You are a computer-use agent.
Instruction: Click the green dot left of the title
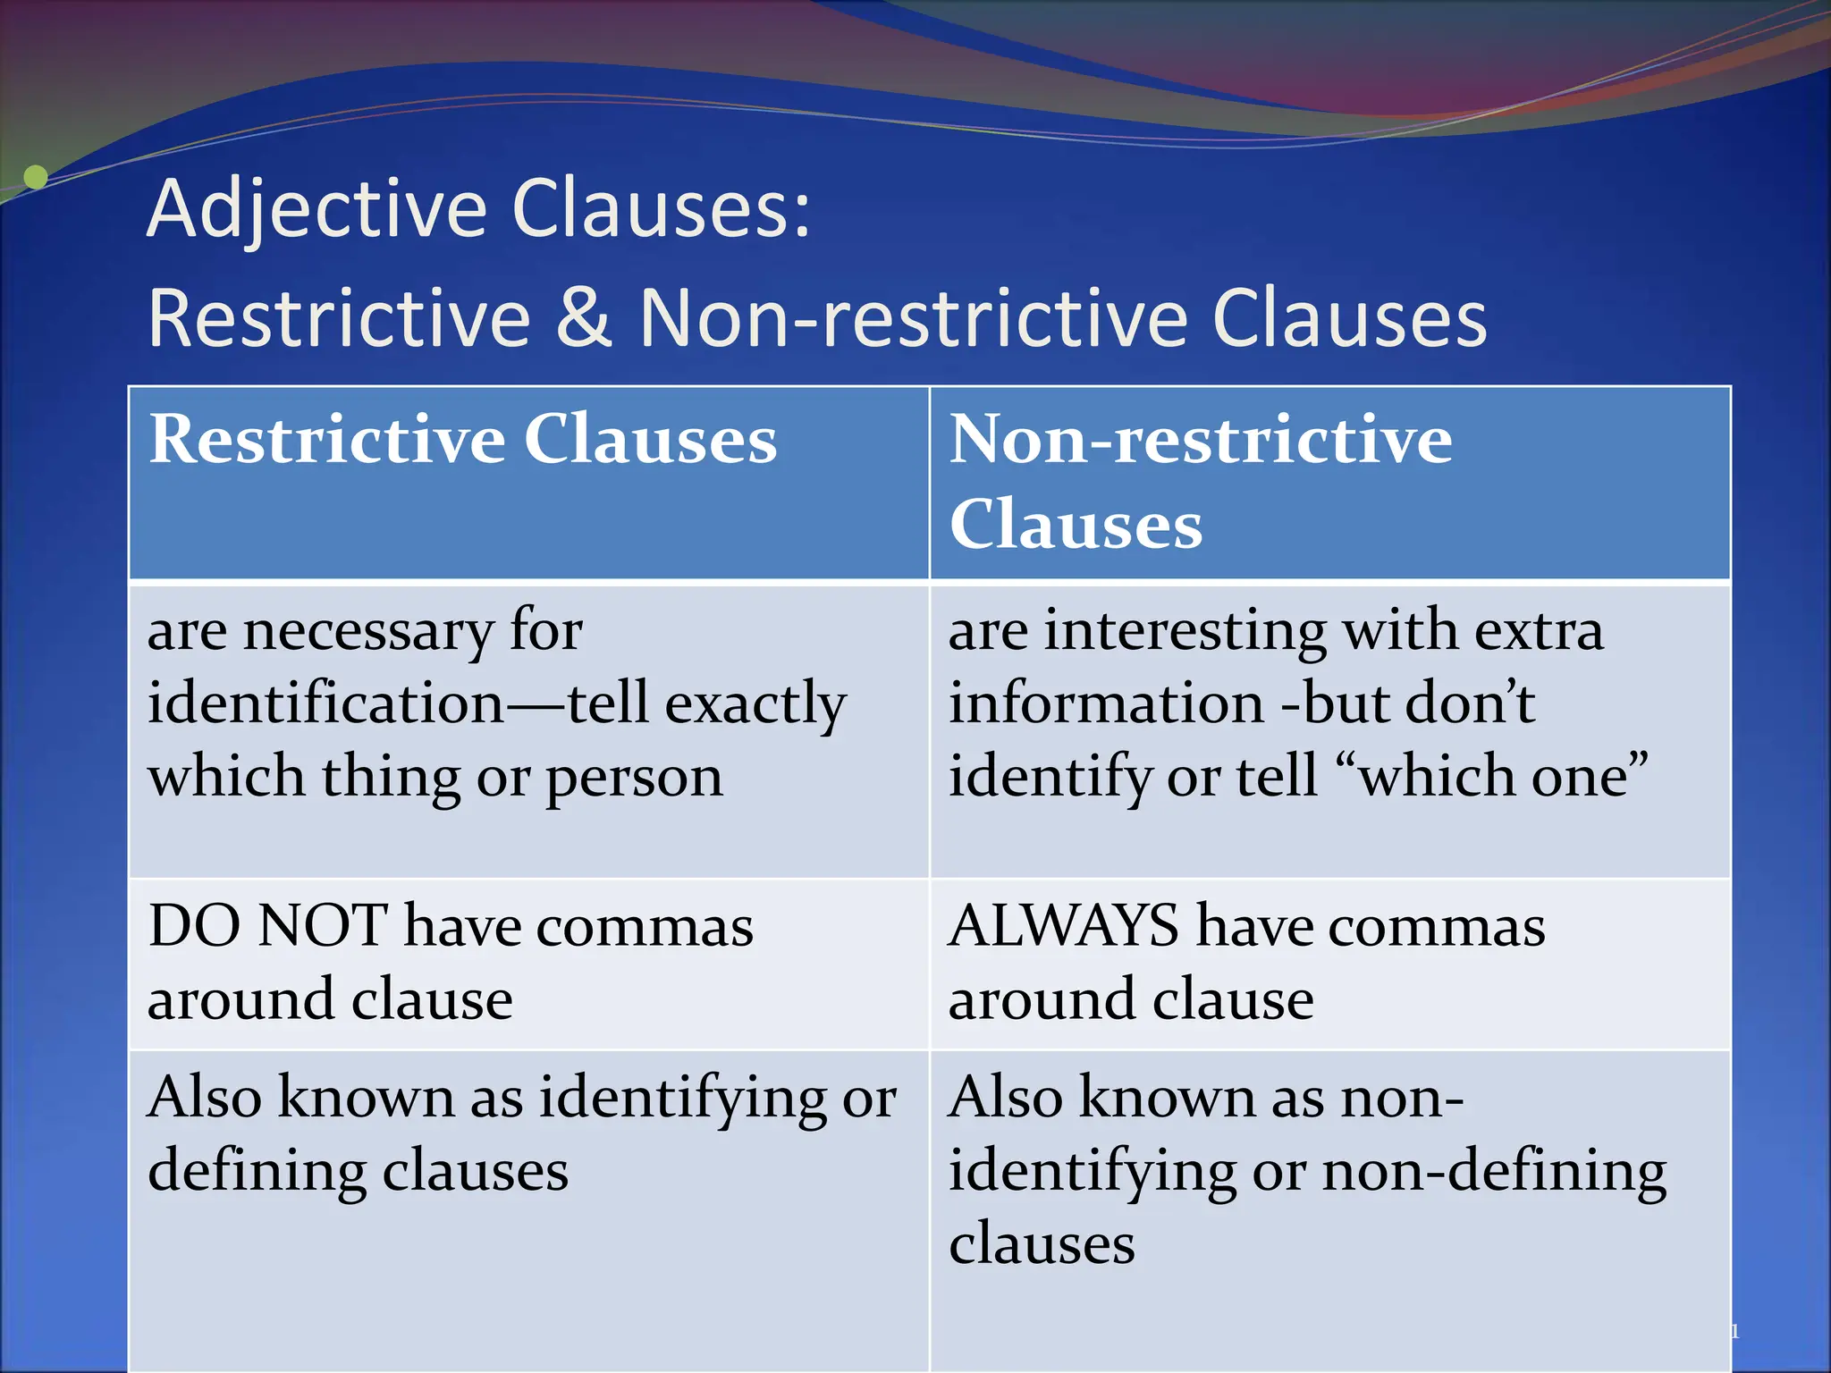click(x=35, y=177)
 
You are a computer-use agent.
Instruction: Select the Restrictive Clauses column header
click(x=462, y=440)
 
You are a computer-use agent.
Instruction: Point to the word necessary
click(x=367, y=631)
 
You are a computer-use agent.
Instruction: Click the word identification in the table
click(x=326, y=703)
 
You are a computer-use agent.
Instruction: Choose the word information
click(x=1106, y=703)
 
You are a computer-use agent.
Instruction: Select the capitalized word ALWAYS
click(x=1063, y=926)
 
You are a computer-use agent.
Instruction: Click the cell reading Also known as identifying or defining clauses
click(x=522, y=1134)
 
